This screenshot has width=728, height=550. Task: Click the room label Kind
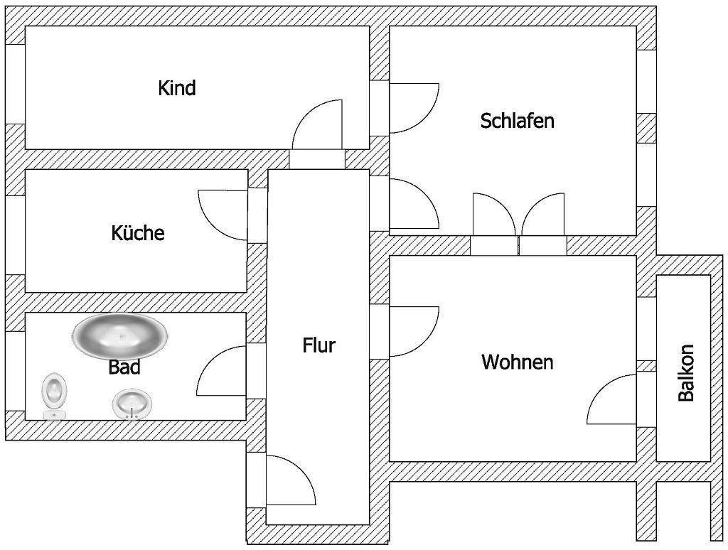(176, 88)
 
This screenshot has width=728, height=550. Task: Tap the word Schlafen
(517, 121)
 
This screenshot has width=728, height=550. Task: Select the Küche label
(137, 232)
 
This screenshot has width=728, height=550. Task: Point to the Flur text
(318, 346)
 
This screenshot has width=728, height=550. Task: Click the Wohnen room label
(517, 362)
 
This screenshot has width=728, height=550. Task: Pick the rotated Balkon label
(686, 373)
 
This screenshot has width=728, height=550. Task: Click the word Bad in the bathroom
(124, 367)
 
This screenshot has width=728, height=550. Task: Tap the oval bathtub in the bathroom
(120, 335)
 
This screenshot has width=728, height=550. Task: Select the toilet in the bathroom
(54, 394)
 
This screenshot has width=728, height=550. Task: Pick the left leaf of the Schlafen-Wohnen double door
(492, 214)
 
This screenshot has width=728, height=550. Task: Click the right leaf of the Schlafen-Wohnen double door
(543, 214)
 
